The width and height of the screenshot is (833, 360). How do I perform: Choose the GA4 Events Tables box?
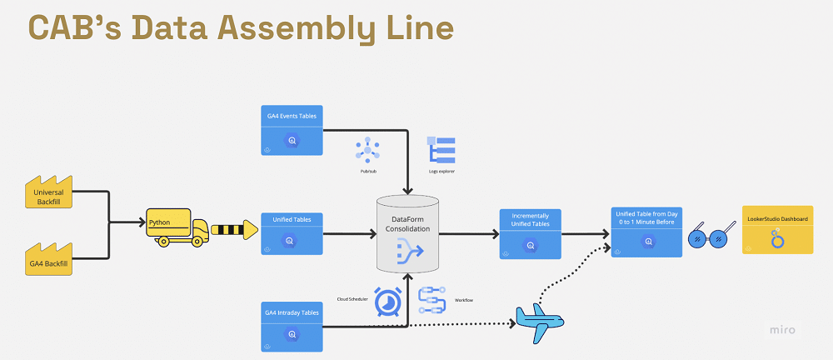click(292, 130)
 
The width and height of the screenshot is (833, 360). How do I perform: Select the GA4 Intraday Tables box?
click(292, 326)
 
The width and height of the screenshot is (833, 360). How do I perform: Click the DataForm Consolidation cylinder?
click(407, 232)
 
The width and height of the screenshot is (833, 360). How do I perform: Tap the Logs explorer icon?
click(441, 149)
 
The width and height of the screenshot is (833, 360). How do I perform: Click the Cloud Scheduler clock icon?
click(387, 302)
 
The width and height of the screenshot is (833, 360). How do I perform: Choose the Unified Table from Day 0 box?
click(646, 232)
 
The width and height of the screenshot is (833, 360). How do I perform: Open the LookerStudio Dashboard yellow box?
click(777, 230)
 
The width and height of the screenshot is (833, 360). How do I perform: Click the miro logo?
click(781, 330)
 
